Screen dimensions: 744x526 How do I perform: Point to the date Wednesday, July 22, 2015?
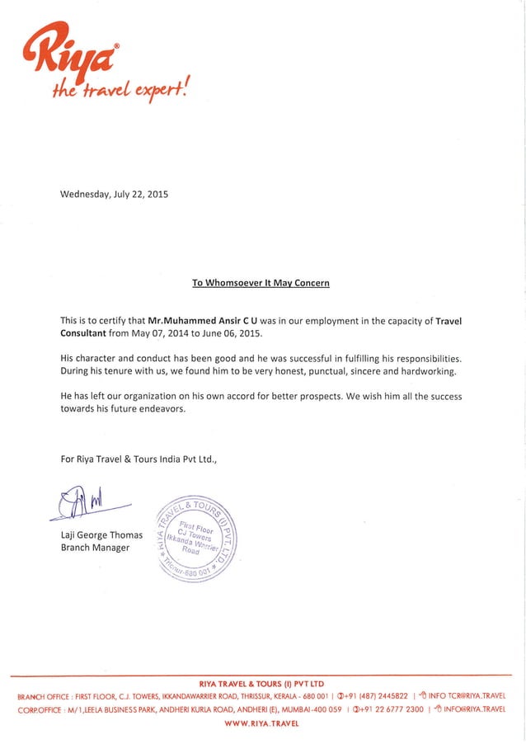115,195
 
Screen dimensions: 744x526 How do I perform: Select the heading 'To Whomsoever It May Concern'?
261,283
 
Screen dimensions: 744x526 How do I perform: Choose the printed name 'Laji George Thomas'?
102,535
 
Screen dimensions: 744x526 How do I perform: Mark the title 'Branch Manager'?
95,548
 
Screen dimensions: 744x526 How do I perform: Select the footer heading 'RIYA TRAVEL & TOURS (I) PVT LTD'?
261,684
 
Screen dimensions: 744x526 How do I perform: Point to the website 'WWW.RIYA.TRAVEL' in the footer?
261,723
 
